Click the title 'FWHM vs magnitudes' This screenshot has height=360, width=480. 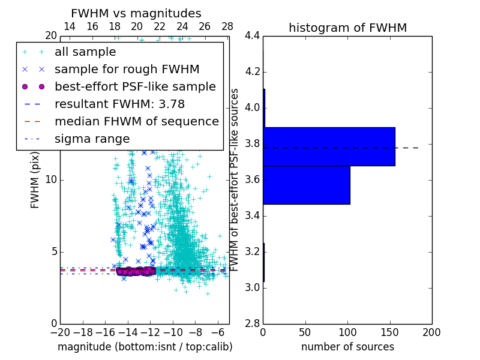click(136, 14)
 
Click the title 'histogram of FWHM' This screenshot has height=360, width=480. click(347, 28)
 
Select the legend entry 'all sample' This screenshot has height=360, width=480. click(86, 52)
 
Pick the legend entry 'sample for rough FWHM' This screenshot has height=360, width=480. click(127, 70)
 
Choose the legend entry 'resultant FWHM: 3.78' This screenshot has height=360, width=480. click(119, 104)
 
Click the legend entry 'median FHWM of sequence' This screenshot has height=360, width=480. click(136, 122)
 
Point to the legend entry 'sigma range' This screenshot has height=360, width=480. click(92, 139)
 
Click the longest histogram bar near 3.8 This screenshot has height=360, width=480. click(329, 146)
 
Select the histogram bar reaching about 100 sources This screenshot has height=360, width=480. click(306, 185)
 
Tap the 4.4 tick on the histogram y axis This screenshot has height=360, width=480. click(252, 36)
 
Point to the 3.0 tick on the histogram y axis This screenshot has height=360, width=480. click(252, 287)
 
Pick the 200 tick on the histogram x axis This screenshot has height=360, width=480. click(431, 332)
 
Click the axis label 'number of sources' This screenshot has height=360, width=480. click(347, 347)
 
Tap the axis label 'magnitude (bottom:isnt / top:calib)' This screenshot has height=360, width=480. click(145, 347)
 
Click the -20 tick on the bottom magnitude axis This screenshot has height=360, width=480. click(60, 332)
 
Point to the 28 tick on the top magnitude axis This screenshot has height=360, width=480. click(227, 26)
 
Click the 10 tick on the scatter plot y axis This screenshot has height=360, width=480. click(51, 180)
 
